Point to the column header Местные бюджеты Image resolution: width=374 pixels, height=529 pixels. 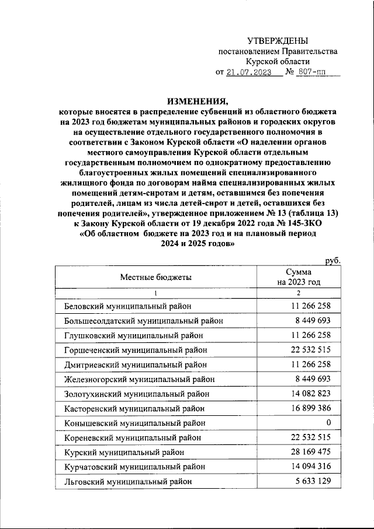tap(156, 277)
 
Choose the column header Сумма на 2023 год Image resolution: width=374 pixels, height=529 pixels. tap(299, 277)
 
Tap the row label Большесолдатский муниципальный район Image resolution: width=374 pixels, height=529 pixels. tap(143, 320)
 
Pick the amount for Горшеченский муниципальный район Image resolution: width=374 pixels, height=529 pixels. tap(306, 349)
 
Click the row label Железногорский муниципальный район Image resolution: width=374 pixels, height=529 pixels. tap(139, 379)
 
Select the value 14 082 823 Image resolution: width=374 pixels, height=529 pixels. tap(306, 393)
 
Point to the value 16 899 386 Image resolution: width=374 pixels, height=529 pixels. tap(306, 408)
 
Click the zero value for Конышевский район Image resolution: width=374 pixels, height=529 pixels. tap(328, 422)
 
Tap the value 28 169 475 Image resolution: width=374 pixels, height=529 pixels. tap(306, 451)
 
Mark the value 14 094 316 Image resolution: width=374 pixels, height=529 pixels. tap(306, 466)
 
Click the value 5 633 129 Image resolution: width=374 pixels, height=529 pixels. tap(309, 481)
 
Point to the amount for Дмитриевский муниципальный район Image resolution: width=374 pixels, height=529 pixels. tap(306, 364)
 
